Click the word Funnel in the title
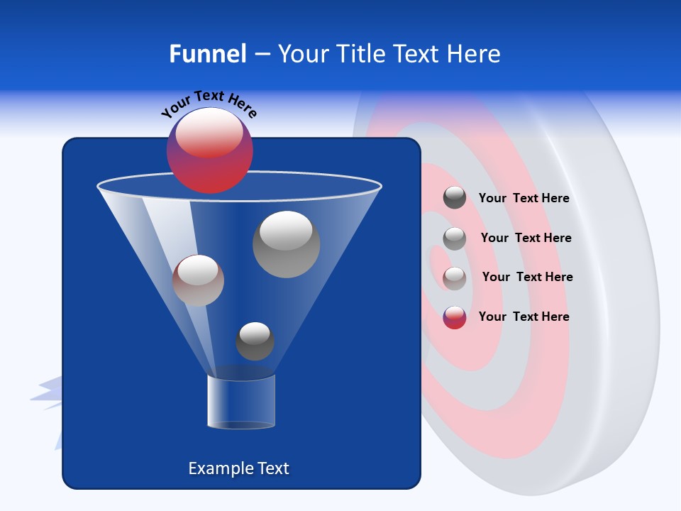[x=207, y=54]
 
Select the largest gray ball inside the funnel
[x=286, y=244]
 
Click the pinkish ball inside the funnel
[x=198, y=280]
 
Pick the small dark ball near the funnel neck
[x=255, y=341]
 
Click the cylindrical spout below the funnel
[x=241, y=402]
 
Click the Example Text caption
[x=238, y=468]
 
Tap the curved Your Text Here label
[x=209, y=104]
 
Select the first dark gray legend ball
[x=455, y=197]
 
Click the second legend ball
[x=455, y=238]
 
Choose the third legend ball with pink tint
[x=455, y=278]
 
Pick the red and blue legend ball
[x=455, y=317]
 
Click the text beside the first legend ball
[x=524, y=198]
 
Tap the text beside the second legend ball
[x=526, y=238]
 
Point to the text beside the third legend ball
[x=527, y=277]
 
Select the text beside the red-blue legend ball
[x=524, y=317]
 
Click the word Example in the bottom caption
[x=220, y=468]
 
